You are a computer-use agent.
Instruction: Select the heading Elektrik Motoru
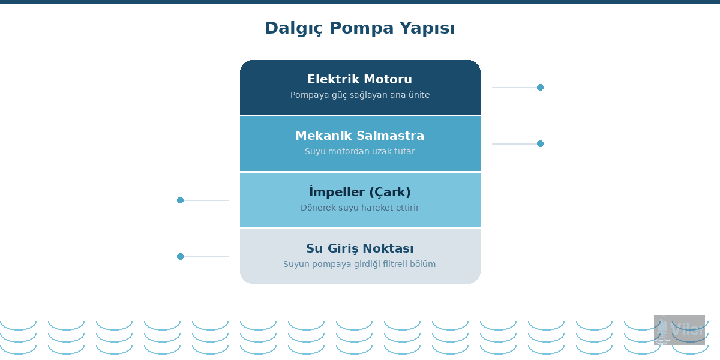(x=359, y=79)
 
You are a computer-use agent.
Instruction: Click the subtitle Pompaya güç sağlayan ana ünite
(x=359, y=95)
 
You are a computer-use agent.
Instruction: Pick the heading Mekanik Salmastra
(x=359, y=136)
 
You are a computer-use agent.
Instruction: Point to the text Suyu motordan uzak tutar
(x=359, y=151)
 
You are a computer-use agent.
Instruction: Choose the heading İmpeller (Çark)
(x=359, y=192)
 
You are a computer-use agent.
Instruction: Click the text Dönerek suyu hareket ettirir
(x=359, y=208)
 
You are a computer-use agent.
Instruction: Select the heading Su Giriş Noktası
(x=359, y=248)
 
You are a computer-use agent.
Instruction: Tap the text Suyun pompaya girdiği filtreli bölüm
(x=359, y=264)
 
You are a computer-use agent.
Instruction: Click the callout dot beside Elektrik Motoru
(x=540, y=88)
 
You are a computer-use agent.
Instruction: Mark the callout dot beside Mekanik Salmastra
(x=540, y=144)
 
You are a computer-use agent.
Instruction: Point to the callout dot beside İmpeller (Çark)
(x=180, y=200)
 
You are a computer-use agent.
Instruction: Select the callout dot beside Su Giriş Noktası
(x=180, y=257)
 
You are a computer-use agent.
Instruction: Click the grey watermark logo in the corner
(x=679, y=329)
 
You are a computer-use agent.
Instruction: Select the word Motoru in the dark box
(x=389, y=79)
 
